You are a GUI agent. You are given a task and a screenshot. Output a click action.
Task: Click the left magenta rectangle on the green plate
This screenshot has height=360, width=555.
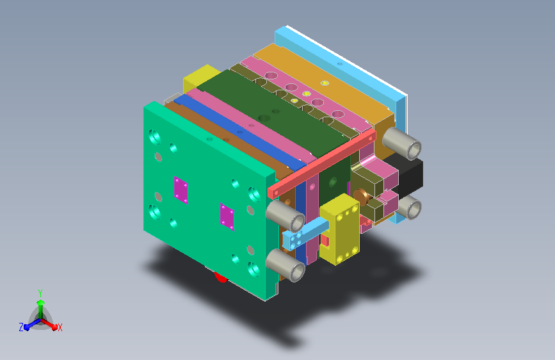181,190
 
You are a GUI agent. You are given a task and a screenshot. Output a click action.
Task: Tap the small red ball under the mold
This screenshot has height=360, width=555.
221,278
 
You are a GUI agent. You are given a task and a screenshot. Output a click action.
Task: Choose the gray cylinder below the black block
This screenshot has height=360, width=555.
408,208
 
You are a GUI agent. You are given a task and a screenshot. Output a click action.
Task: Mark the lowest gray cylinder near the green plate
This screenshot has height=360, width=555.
286,265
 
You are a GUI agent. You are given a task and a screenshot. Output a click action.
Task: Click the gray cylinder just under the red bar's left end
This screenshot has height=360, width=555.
285,215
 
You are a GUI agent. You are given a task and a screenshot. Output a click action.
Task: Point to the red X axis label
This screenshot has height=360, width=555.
60,327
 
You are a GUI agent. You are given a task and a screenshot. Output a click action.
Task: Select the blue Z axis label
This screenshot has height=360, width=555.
21,327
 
